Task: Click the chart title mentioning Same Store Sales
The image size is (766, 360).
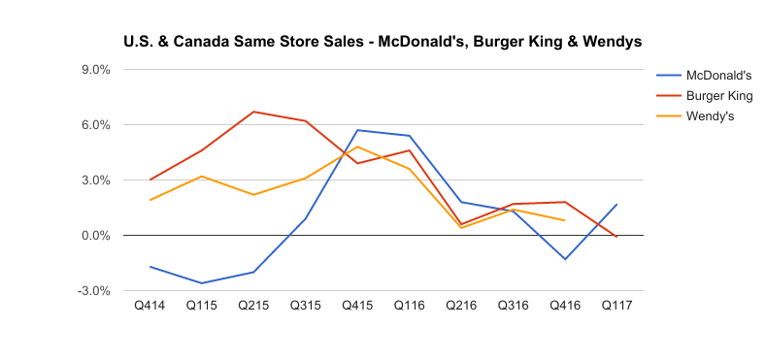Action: coord(382,43)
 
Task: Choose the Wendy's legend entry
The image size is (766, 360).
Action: coord(709,117)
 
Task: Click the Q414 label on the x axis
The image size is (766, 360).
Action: coord(150,307)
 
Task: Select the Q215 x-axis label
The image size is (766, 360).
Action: coord(253,307)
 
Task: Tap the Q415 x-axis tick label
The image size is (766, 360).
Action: coord(357,307)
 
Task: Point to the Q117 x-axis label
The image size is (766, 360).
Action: coord(616,307)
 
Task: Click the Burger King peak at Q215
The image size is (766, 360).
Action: coord(253,112)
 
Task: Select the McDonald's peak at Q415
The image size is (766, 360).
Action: coord(357,130)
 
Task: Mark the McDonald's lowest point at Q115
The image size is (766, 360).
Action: coord(201,283)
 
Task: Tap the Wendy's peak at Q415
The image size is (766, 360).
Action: coord(357,147)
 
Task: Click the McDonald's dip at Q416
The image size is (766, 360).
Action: coord(565,259)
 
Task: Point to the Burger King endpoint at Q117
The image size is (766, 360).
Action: coord(616,237)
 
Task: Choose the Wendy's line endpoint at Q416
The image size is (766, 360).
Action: coord(565,220)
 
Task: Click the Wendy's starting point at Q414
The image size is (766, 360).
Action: coord(150,200)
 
